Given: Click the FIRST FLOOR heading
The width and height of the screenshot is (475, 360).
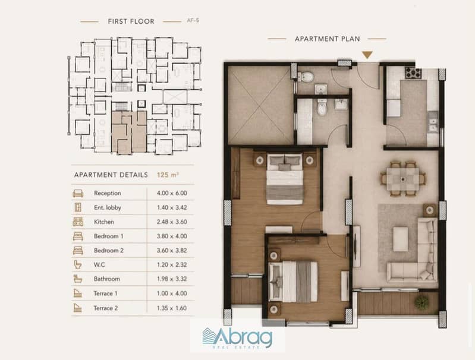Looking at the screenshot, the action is click(x=131, y=21).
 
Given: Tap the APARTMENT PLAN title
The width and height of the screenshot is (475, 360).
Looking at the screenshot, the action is click(x=328, y=39).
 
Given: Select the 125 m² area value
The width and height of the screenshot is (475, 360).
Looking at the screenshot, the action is click(x=168, y=175).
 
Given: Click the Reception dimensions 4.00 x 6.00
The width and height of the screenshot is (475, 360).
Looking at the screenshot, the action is click(x=172, y=193).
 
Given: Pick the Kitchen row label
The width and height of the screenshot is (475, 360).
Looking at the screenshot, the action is click(x=104, y=222).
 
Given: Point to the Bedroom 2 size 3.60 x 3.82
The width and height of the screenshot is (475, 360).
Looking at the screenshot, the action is click(x=172, y=251).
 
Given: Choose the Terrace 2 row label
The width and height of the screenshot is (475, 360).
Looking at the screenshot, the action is click(x=106, y=308).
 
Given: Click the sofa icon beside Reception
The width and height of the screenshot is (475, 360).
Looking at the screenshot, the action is click(x=78, y=194).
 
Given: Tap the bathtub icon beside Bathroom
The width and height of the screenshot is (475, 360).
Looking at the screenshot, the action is click(x=78, y=279).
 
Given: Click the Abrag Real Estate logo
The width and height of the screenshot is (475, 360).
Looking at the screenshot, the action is click(x=237, y=338).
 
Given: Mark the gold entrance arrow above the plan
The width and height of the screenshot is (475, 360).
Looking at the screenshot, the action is click(x=367, y=55).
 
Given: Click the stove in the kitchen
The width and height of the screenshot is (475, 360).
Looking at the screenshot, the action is click(x=413, y=72).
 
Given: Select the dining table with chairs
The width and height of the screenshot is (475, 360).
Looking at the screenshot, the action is click(x=403, y=179).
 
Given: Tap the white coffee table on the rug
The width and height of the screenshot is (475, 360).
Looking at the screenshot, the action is click(x=401, y=239).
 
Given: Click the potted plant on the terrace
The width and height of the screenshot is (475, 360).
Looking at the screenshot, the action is click(x=421, y=302).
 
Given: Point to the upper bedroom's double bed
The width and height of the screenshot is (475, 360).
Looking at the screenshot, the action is click(x=285, y=179).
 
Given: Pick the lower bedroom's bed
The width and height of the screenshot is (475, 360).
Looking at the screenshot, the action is click(x=293, y=282).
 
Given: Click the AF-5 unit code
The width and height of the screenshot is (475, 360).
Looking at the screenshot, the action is click(x=193, y=21).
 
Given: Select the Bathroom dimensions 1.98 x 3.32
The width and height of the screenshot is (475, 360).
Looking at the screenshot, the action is click(x=172, y=279).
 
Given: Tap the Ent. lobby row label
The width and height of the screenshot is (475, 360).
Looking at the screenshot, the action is click(x=108, y=208).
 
